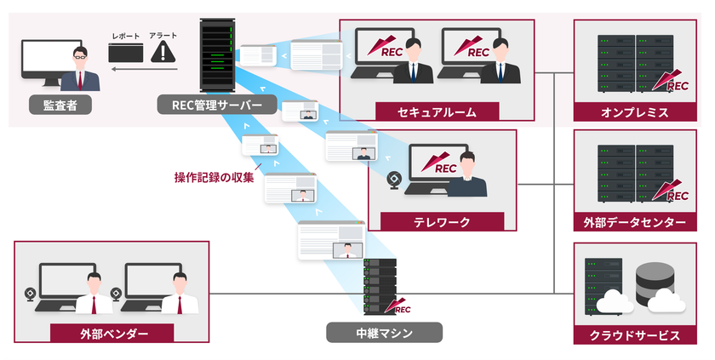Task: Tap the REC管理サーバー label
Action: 216,106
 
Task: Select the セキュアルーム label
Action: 437,111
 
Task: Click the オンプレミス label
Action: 634,111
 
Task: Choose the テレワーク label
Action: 437,220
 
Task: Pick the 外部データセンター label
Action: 634,222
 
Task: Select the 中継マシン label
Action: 383,333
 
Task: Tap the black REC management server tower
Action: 216,55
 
